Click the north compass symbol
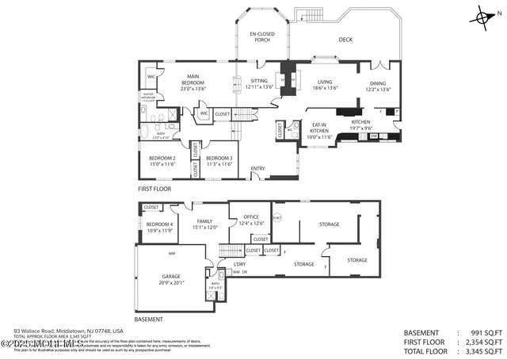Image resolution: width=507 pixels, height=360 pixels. tap(485, 16)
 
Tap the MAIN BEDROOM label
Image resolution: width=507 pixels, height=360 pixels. tap(193, 80)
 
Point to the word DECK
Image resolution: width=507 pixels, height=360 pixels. tap(345, 39)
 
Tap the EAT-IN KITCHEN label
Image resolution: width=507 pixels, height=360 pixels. tap(319, 131)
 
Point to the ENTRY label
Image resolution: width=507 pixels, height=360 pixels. tap(257, 168)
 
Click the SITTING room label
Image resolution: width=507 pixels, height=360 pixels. tap(258, 84)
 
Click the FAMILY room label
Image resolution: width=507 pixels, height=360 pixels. tap(204, 224)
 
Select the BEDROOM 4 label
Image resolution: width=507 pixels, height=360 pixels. tap(161, 228)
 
